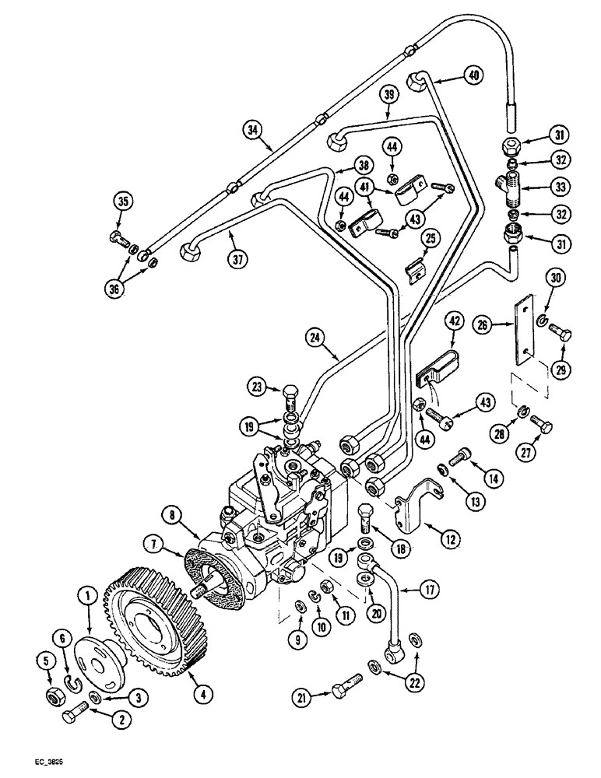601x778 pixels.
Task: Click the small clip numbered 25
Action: (x=415, y=268)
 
